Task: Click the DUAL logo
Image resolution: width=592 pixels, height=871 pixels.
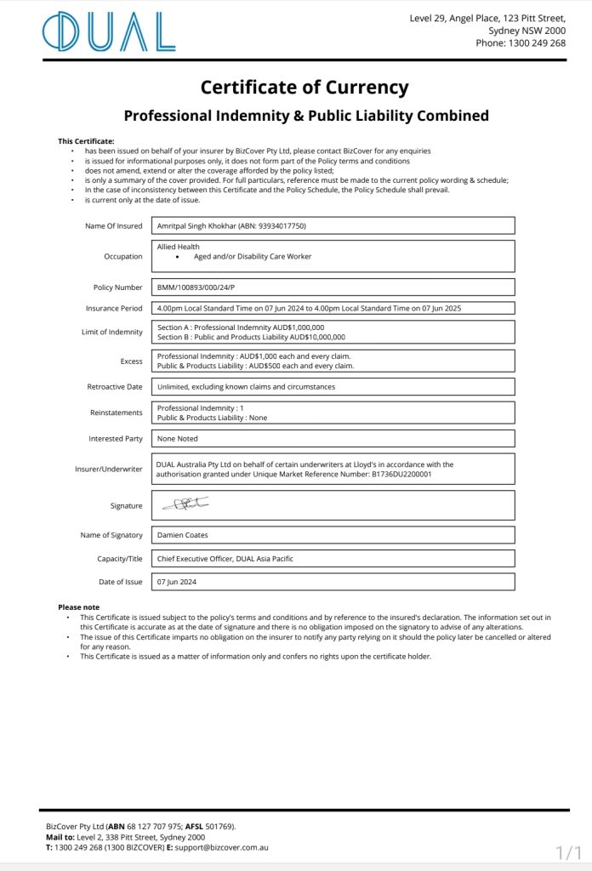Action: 109,32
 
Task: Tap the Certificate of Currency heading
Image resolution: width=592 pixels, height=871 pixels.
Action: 305,87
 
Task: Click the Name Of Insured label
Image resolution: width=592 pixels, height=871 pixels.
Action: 114,226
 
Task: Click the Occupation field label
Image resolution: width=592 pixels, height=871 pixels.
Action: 123,256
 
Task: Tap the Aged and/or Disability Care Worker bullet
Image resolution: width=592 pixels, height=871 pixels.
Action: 253,256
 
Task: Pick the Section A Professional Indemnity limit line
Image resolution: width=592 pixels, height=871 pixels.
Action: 241,327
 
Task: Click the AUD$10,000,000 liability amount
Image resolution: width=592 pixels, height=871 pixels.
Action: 316,337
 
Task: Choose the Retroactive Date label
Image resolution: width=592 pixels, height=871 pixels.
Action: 115,387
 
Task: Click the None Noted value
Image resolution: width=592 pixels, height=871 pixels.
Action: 178,439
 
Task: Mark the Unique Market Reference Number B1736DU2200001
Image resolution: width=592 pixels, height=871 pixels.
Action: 401,475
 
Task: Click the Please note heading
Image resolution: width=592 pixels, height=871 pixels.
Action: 79,606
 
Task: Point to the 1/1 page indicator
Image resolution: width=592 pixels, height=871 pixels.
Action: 568,851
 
